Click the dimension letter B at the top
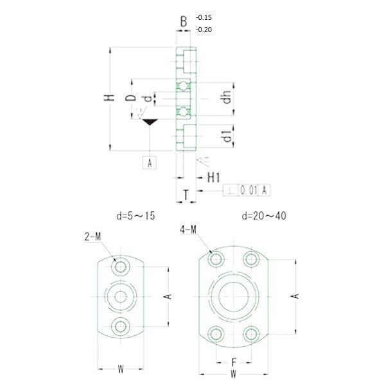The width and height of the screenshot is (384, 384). (184, 22)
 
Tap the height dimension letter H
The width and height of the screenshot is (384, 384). (110, 98)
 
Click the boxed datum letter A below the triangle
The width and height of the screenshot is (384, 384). (150, 162)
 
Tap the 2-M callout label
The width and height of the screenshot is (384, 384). (92, 236)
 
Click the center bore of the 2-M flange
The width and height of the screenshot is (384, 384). (120, 295)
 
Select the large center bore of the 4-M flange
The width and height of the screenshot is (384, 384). (234, 296)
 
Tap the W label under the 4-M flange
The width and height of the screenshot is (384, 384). (234, 373)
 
